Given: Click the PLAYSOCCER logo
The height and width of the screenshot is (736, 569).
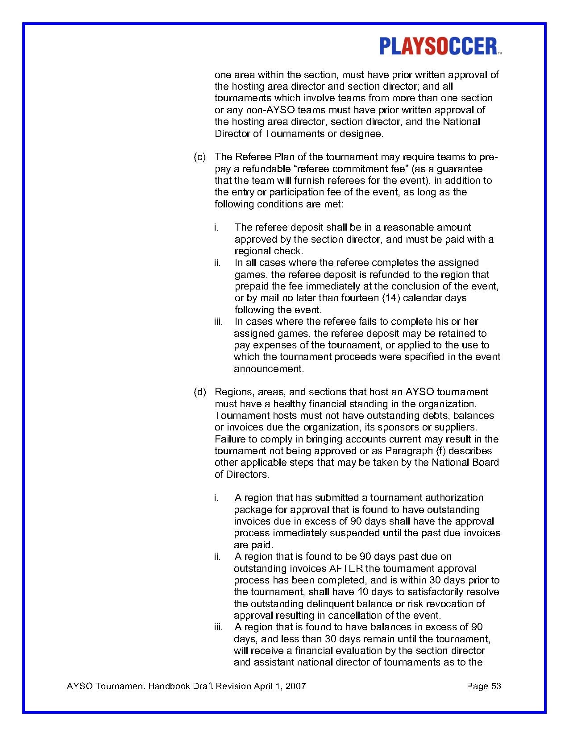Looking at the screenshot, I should pos(440,46).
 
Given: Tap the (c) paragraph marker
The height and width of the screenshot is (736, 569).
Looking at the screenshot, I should pos(199,157).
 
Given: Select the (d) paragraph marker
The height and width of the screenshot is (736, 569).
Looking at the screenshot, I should pos(199,392).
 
